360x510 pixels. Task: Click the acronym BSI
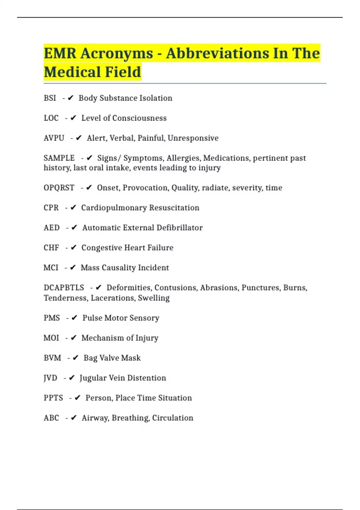pyautogui.click(x=50, y=98)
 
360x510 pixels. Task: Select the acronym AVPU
pyautogui.click(x=54, y=138)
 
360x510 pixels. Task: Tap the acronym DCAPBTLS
pyautogui.click(x=64, y=288)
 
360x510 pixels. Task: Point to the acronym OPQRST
pyautogui.click(x=59, y=188)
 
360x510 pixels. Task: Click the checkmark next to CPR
pyautogui.click(x=73, y=208)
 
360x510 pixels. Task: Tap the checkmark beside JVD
pyautogui.click(x=72, y=378)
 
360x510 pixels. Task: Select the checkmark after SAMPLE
pyautogui.click(x=89, y=158)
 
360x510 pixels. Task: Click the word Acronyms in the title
pyautogui.click(x=117, y=53)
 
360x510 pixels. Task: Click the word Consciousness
pyautogui.click(x=139, y=118)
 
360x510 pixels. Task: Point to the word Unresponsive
pyautogui.click(x=193, y=138)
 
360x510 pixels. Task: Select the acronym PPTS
pyautogui.click(x=53, y=398)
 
